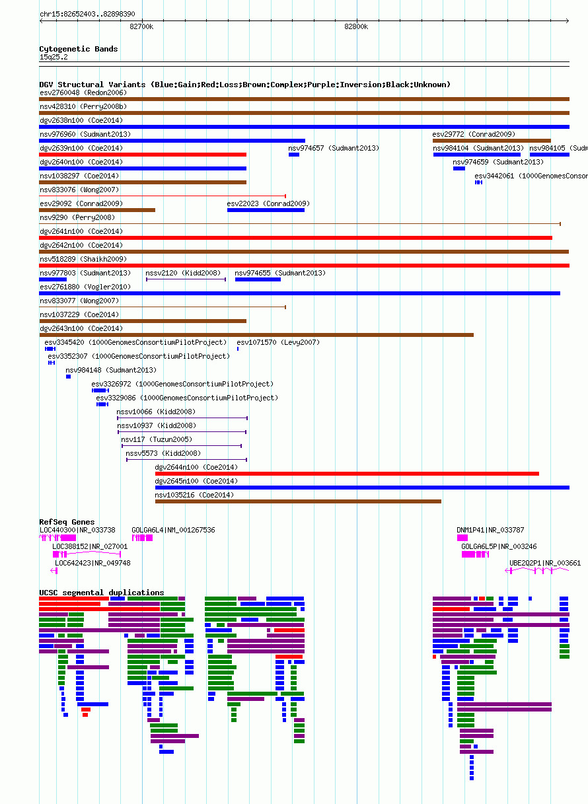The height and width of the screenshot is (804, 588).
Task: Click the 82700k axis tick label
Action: tap(141, 26)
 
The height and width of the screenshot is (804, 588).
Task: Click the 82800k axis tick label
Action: tap(356, 26)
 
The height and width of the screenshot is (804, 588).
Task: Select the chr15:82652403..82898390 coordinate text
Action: tap(87, 14)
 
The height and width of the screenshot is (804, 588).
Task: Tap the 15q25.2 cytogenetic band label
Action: tap(54, 57)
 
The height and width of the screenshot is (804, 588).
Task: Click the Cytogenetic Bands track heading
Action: tap(78, 49)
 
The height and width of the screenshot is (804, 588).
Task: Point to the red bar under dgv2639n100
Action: tap(143, 155)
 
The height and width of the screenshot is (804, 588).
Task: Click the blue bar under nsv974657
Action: tap(293, 155)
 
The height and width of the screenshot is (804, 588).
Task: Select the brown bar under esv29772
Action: tap(492, 141)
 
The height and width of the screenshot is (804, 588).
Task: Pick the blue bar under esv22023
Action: tap(266, 210)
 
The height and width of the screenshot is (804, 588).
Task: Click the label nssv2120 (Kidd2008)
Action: tap(183, 273)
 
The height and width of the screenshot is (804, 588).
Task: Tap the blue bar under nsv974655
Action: tap(258, 279)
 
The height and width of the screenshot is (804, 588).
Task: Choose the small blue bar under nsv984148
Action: tap(68, 377)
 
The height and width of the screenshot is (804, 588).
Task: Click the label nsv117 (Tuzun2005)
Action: tap(157, 439)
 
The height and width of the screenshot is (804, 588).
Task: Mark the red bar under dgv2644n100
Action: tap(347, 474)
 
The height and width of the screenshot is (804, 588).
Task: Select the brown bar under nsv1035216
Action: tap(298, 501)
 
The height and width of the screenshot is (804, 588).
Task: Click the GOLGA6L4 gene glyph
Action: tap(142, 538)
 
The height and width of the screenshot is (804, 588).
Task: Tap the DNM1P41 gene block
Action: tap(462, 538)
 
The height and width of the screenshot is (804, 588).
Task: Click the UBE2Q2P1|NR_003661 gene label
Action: tap(545, 563)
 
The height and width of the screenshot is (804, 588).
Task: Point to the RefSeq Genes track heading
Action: tap(67, 522)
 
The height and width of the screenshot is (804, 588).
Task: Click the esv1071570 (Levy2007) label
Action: tap(278, 342)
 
